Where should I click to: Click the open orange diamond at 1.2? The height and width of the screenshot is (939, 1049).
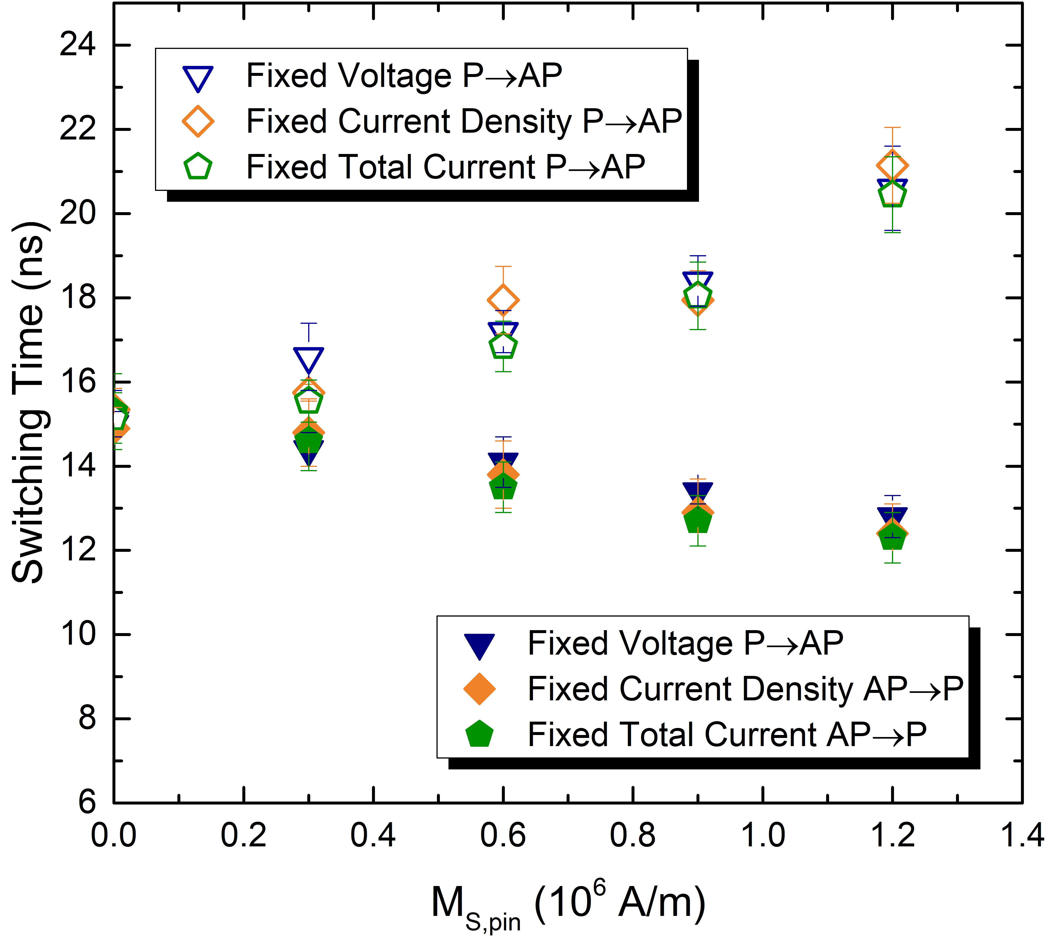coord(892,166)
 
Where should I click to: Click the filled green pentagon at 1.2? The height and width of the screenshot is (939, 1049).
coord(892,537)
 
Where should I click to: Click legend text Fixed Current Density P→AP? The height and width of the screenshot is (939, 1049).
coord(464,122)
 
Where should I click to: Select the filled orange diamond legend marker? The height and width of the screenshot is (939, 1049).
coord(479,689)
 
